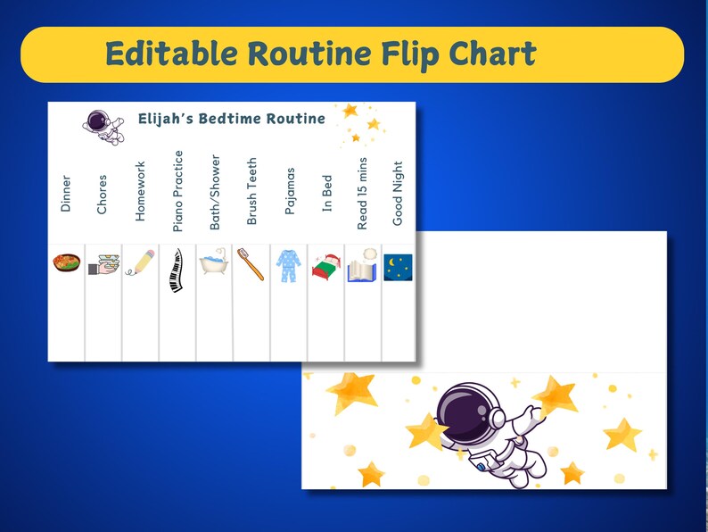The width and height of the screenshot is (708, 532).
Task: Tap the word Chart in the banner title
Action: click(493, 54)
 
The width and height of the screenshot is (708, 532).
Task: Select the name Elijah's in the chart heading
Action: click(168, 119)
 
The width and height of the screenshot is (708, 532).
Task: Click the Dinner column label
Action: click(65, 193)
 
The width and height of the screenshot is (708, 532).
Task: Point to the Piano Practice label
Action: click(177, 191)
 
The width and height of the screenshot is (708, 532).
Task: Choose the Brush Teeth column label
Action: click(251, 192)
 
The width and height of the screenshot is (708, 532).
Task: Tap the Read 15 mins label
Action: click(362, 194)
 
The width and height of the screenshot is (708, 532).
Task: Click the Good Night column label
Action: click(399, 193)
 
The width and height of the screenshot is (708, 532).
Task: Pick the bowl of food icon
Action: click(66, 264)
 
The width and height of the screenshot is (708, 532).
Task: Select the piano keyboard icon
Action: click(177, 270)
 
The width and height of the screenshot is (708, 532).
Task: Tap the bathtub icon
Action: click(214, 264)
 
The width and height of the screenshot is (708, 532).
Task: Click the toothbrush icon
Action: click(251, 264)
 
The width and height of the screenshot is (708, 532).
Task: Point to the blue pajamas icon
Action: click(288, 266)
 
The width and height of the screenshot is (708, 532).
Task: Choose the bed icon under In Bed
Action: click(325, 267)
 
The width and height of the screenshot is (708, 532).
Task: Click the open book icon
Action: click(362, 267)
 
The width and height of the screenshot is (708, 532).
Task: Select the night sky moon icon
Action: click(399, 267)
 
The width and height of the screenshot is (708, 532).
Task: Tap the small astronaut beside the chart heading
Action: click(103, 126)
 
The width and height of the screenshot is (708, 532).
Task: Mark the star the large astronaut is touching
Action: click(556, 394)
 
